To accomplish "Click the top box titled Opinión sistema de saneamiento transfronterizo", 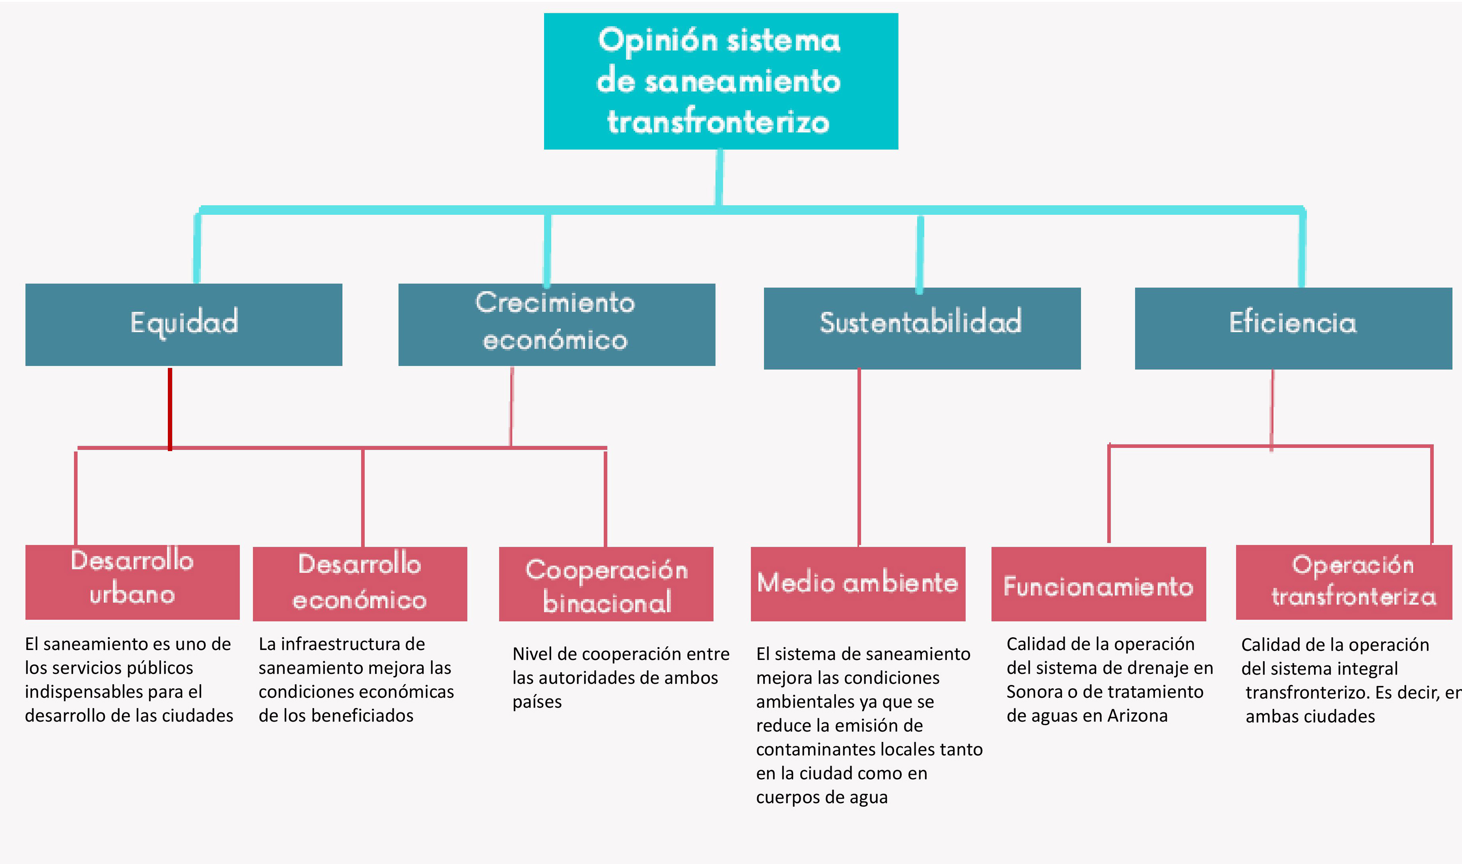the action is (x=721, y=82).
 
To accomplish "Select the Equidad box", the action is (x=184, y=325).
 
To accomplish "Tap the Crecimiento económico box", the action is (x=557, y=325).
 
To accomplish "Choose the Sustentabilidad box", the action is (x=922, y=328).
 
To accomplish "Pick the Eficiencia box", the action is (x=1293, y=328).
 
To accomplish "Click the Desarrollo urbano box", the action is (x=133, y=582).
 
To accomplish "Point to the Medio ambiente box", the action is (x=858, y=584).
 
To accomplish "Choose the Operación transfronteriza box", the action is (x=1344, y=582).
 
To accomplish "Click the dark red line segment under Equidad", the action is (x=170, y=409).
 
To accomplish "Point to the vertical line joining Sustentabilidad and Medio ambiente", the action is (x=859, y=457).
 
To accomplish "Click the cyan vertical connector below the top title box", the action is (x=720, y=177).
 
